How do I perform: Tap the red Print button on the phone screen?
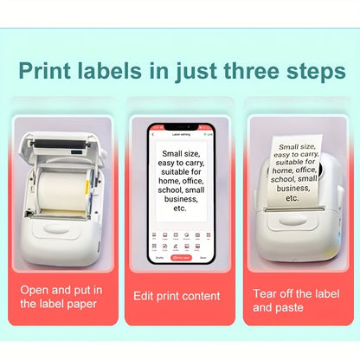[181, 257]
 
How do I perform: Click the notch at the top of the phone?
[180, 124]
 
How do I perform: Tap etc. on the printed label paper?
[292, 198]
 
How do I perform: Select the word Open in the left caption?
[36, 290]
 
